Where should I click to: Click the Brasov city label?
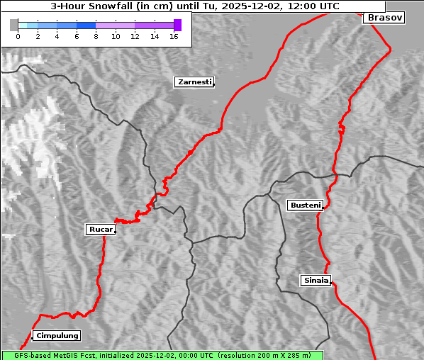click(x=385, y=18)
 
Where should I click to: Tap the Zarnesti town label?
click(x=194, y=82)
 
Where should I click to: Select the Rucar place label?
click(x=100, y=230)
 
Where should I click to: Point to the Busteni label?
click(x=305, y=206)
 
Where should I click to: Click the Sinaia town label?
click(x=316, y=281)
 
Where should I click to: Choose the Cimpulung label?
click(x=57, y=336)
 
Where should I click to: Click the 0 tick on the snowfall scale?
click(x=18, y=36)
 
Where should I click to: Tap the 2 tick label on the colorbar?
click(x=38, y=36)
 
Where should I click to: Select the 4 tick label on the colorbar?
click(x=57, y=36)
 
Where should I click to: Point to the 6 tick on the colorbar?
click(x=77, y=36)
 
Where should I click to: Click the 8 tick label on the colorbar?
click(x=96, y=36)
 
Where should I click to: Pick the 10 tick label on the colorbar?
click(x=116, y=36)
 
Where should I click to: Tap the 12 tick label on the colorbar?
click(x=135, y=36)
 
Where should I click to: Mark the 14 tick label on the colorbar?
click(x=155, y=36)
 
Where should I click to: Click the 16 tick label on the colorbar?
click(x=174, y=36)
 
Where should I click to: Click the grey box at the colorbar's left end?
click(x=14, y=25)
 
